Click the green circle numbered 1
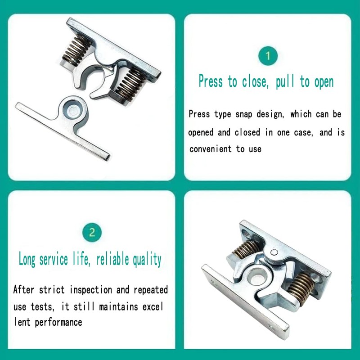pos(268,56)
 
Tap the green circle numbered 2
pos(92,233)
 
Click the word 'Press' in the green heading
pos(211,81)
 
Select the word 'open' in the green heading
pos(323,82)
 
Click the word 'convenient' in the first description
pos(211,148)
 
